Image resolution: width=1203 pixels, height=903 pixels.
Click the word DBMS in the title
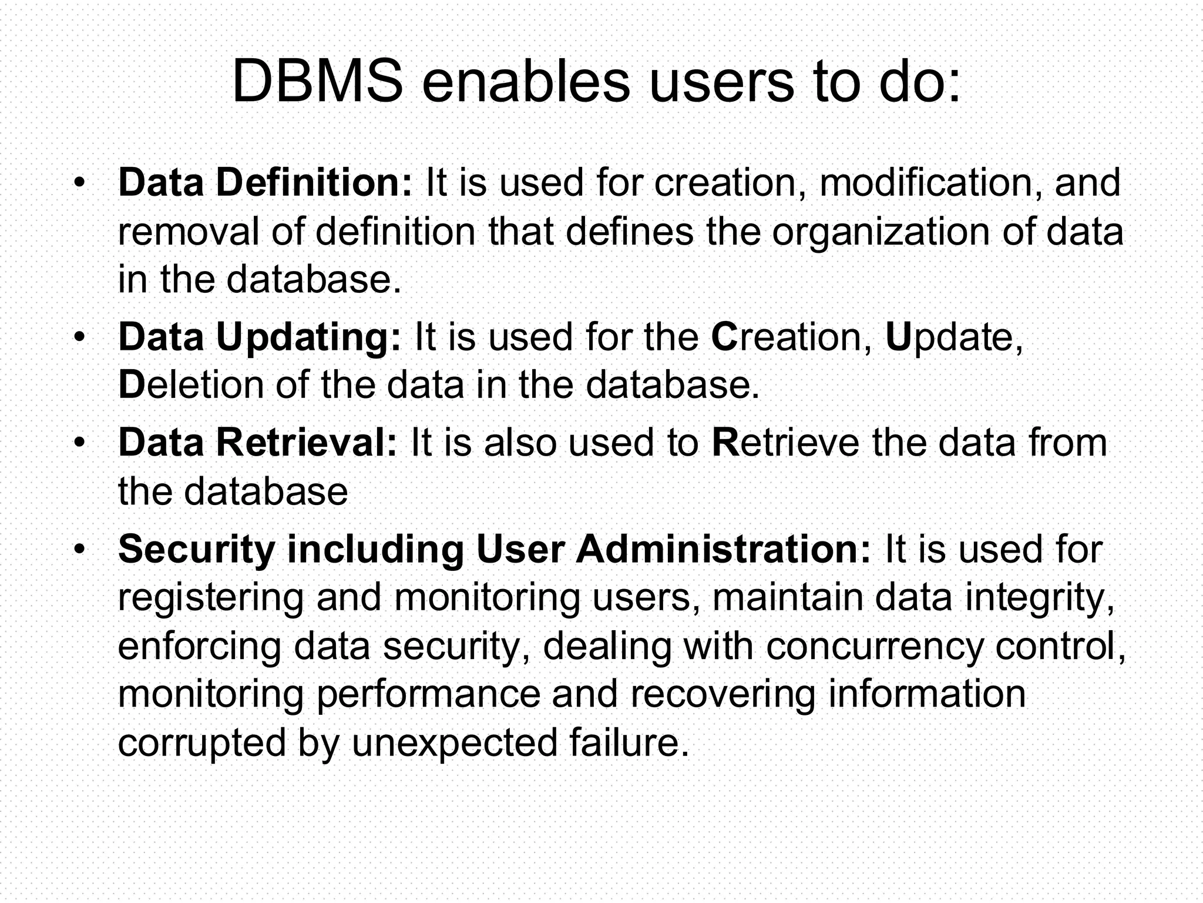coord(318,82)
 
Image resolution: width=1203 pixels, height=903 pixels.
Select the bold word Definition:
coord(315,182)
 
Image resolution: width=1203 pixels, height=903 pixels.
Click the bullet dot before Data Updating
coord(80,337)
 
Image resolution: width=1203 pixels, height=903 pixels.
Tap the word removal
coord(188,232)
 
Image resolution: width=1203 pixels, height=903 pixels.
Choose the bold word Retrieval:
coord(307,443)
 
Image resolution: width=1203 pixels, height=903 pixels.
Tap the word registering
coord(211,598)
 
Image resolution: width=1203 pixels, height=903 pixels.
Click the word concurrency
coord(874,646)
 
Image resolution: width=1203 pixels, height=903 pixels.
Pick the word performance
coord(428,694)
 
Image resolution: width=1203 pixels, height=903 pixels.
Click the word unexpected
coord(455,743)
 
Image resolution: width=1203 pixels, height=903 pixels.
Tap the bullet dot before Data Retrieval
coord(80,443)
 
